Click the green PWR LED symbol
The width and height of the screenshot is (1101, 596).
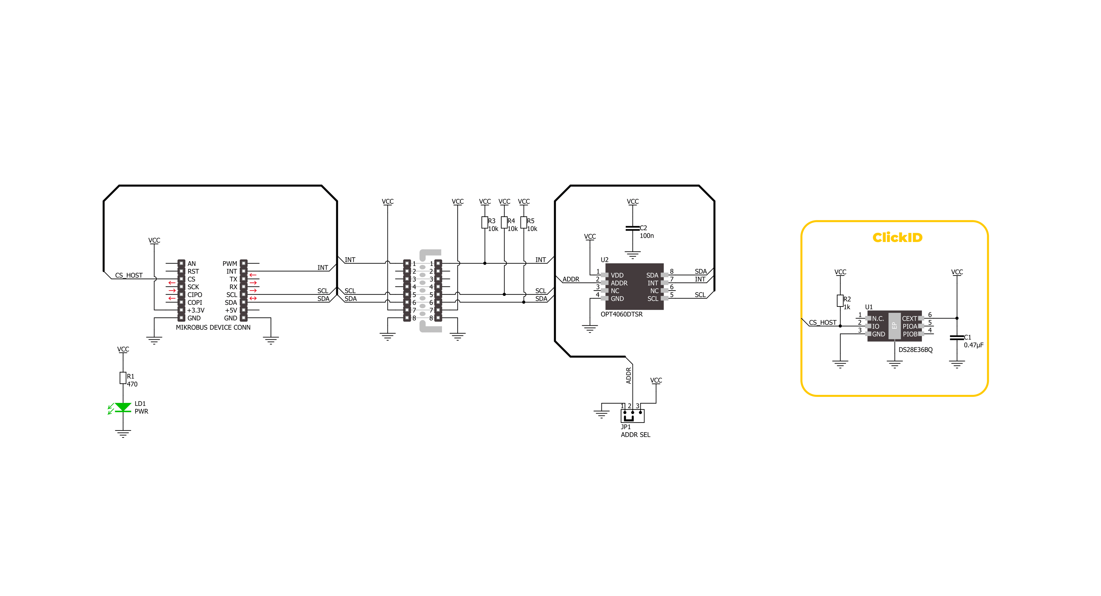click(x=123, y=408)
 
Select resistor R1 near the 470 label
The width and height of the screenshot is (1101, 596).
click(x=123, y=378)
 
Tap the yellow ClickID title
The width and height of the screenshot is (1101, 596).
click(x=897, y=237)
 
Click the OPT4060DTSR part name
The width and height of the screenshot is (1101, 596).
click(x=621, y=314)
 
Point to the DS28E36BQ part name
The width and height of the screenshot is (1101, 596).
click(x=916, y=350)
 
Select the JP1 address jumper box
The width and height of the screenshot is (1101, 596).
click(x=633, y=416)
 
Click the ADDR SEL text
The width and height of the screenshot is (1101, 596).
click(x=636, y=435)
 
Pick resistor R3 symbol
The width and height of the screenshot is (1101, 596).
click(x=485, y=222)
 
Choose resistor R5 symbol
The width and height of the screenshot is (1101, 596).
click(x=524, y=222)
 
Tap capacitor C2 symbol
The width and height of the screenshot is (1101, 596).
click(x=633, y=228)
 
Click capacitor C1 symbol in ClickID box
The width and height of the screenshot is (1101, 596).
click(x=957, y=338)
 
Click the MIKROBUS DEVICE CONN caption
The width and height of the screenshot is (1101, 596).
click(x=213, y=327)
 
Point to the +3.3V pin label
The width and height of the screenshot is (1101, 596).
click(x=196, y=310)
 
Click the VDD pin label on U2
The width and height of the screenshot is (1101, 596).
click(x=617, y=275)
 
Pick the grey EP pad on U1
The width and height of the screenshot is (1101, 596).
click(x=894, y=326)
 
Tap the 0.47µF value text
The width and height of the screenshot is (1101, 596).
click(x=974, y=345)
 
